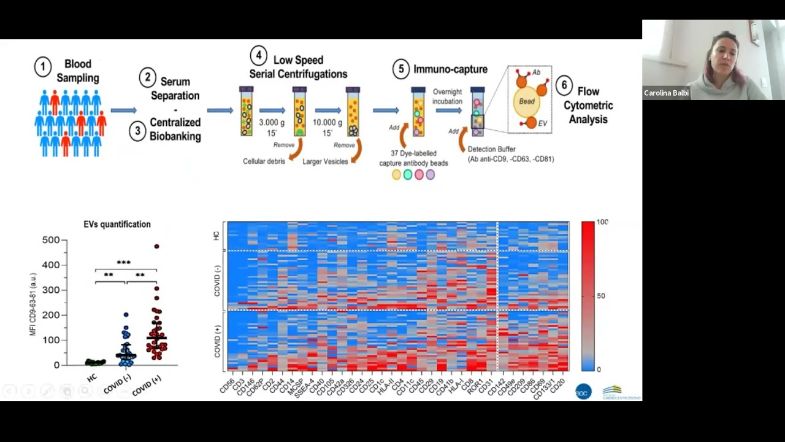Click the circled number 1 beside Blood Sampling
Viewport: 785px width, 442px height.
42,67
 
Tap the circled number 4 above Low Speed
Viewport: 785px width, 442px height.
258,55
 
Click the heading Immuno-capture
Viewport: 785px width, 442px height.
450,69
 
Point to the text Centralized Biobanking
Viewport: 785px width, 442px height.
175,129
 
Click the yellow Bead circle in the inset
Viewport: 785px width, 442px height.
526,101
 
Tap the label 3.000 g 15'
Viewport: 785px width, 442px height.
272,128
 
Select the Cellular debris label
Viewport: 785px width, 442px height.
264,161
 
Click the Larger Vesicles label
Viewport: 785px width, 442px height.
325,161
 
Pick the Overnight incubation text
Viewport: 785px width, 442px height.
446,96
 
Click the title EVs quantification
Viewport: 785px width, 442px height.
117,225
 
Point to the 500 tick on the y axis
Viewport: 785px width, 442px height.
51,240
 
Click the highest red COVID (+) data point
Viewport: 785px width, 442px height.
156,246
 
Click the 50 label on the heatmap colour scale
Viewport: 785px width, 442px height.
600,296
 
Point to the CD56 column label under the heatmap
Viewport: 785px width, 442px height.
226,387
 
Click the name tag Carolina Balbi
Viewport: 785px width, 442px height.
666,93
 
